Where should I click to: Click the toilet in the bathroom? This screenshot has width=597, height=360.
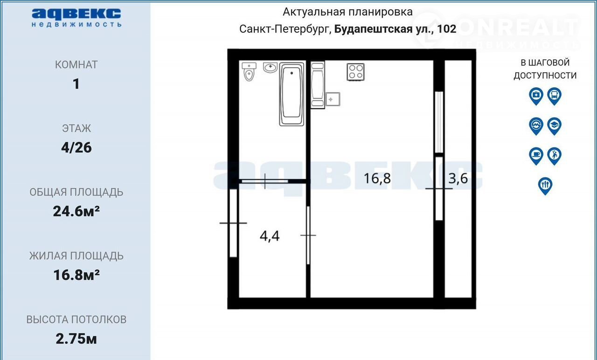[x=249, y=71]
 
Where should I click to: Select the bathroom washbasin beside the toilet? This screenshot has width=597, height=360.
[x=270, y=67]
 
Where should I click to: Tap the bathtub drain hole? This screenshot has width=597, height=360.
[x=292, y=73]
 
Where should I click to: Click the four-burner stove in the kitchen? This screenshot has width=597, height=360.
[x=355, y=72]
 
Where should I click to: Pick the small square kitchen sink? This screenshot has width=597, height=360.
[x=333, y=99]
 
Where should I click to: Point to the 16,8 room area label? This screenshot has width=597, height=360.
[x=377, y=178]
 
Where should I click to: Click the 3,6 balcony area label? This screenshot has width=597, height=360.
[x=458, y=178]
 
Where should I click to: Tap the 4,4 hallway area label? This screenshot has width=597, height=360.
[x=270, y=236]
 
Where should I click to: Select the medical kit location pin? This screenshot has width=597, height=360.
[x=536, y=96]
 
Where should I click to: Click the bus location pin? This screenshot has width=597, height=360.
[x=555, y=96]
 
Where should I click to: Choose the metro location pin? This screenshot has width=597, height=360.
[x=536, y=126]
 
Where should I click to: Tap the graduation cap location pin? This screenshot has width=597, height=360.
[x=555, y=126]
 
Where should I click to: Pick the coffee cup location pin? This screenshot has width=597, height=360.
[x=536, y=156]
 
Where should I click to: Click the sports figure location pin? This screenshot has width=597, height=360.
[x=555, y=156]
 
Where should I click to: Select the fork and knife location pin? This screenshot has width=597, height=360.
[x=545, y=186]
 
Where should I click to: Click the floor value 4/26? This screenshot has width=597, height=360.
[x=76, y=148]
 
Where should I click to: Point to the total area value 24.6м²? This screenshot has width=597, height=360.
[x=76, y=211]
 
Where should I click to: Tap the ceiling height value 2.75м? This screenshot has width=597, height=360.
[x=76, y=339]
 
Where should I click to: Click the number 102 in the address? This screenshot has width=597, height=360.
[x=447, y=29]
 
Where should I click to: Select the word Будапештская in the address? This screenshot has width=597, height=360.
[x=374, y=29]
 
